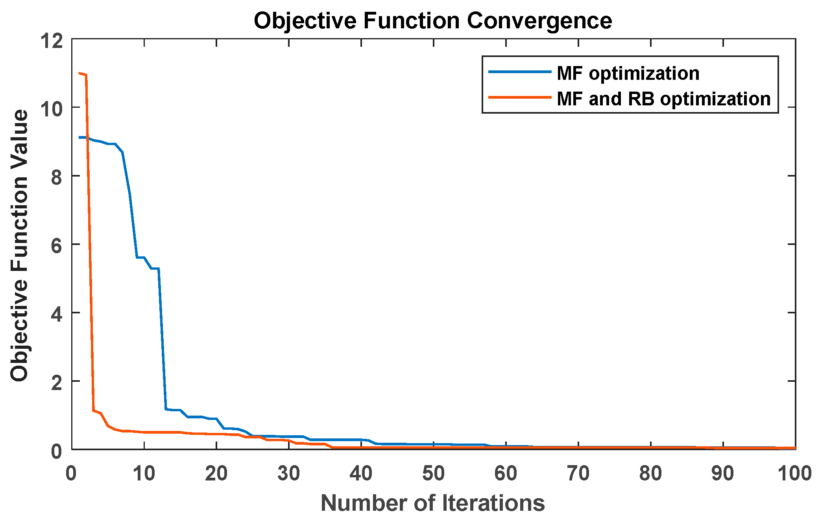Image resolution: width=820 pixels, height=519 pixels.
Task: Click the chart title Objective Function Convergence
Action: (433, 20)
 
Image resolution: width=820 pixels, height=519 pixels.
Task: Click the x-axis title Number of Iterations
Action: (433, 503)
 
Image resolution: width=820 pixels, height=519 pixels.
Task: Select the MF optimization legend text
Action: (628, 74)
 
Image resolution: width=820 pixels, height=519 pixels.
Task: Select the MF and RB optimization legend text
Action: (663, 99)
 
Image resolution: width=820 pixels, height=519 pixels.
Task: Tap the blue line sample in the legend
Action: (519, 72)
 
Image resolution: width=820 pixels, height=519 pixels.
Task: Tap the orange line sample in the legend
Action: (519, 97)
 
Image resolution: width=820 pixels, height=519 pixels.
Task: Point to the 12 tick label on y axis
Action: (52, 41)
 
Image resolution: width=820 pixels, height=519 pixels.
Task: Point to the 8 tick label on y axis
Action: (57, 177)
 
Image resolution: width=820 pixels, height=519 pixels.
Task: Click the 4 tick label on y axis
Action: (57, 315)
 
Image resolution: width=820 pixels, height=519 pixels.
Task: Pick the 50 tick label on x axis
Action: (433, 473)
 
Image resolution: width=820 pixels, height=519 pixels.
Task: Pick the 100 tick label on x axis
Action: (794, 473)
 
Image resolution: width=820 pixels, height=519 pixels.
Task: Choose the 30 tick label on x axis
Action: (288, 473)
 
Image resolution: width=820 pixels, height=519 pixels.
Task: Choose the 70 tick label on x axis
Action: (578, 473)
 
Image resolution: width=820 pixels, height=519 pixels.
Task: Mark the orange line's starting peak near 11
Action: (79, 73)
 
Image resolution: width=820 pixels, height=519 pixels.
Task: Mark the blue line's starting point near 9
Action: (79, 137)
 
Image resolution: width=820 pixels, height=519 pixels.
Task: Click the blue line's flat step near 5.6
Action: (140, 257)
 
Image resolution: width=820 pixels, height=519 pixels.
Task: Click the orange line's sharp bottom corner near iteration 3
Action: (93, 410)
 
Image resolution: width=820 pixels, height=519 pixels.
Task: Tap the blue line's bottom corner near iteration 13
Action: (166, 409)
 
